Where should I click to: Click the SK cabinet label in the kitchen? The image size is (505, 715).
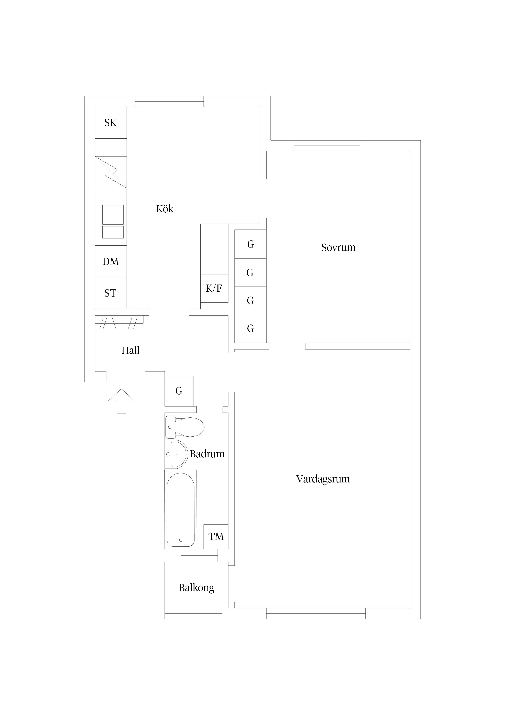point(110,123)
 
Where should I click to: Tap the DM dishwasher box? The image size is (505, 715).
point(111,261)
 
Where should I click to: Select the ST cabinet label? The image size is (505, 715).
point(110,293)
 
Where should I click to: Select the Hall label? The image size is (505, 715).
point(130,350)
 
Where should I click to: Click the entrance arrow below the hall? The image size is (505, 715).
point(121,401)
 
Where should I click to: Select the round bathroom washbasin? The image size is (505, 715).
point(176,454)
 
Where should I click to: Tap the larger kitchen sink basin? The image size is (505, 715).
point(113,215)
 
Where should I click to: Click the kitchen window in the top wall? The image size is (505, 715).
point(169,102)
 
